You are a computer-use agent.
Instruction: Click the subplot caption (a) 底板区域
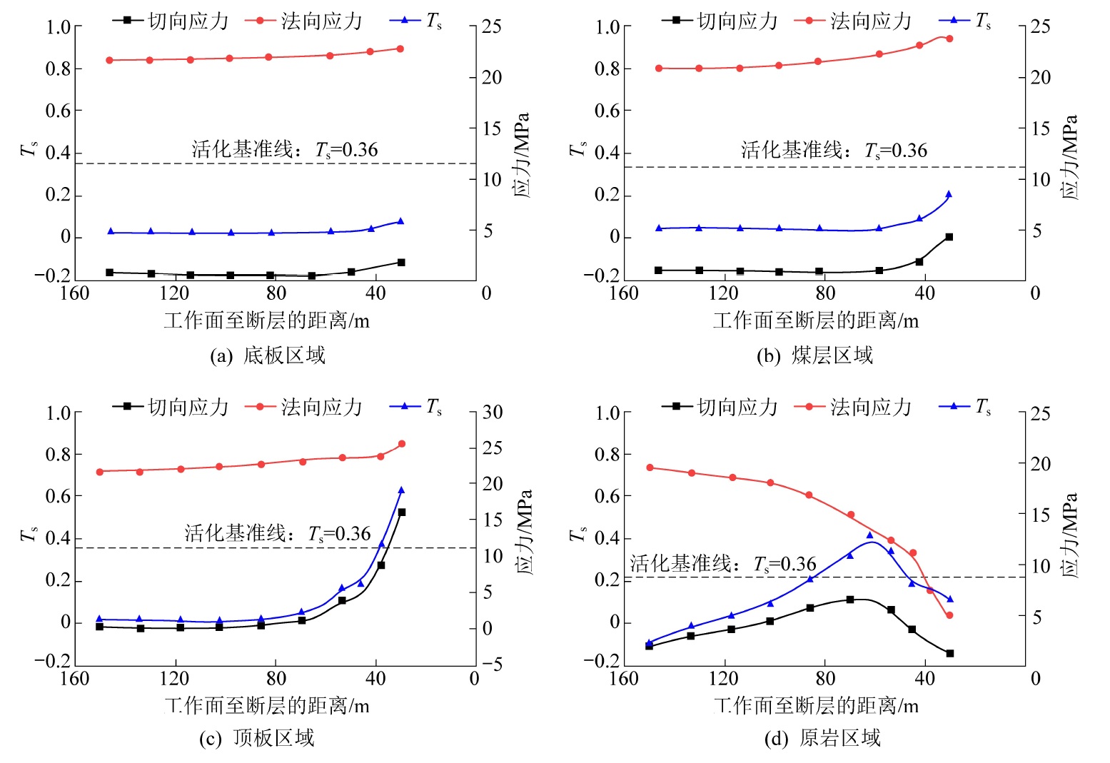[x=268, y=355]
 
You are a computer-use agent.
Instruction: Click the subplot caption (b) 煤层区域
[x=815, y=355]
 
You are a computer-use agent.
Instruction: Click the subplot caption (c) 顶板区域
[x=256, y=738]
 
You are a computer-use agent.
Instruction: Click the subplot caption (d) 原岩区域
[x=822, y=738]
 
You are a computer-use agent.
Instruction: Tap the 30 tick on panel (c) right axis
[x=493, y=413]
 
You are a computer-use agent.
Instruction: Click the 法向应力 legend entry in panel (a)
[x=304, y=21]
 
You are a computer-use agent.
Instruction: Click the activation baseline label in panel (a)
[x=285, y=149]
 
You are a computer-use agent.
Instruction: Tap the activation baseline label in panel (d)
[x=723, y=564]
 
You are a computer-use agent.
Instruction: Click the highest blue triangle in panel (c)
[x=401, y=490]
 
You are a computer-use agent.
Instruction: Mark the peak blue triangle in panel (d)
[x=869, y=535]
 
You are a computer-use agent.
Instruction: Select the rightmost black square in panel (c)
[x=401, y=512]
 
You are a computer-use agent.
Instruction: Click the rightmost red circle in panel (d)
[x=949, y=615]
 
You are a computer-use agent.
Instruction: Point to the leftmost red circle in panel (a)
[x=109, y=61]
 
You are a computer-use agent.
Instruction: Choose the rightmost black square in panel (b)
[x=949, y=237]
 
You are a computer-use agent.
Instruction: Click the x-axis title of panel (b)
[x=815, y=320]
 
